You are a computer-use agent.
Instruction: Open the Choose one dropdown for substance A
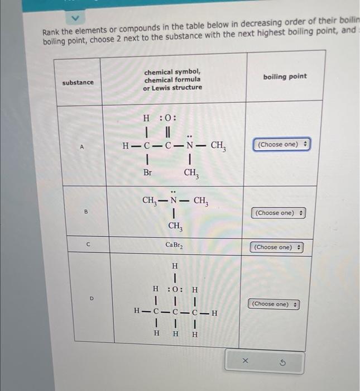click(x=282, y=145)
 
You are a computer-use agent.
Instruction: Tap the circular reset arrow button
click(x=281, y=362)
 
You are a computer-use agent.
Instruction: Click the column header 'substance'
click(x=78, y=83)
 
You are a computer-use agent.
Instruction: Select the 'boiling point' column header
click(x=285, y=77)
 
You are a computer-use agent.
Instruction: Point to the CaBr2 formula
click(x=174, y=245)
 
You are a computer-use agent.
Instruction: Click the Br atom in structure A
click(x=147, y=173)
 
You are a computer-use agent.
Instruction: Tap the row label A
click(x=81, y=147)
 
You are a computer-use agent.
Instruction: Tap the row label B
click(x=86, y=212)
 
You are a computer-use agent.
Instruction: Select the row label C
click(x=88, y=244)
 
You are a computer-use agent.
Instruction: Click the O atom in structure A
click(x=170, y=118)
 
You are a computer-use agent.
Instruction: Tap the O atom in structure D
click(x=175, y=289)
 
